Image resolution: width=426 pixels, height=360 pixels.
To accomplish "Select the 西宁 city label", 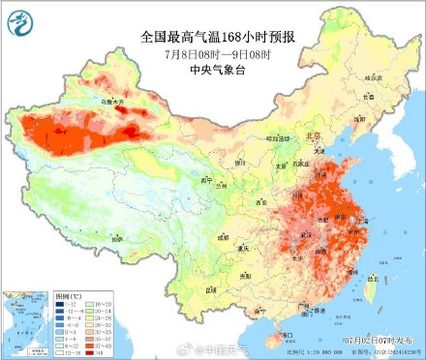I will point(204,180).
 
